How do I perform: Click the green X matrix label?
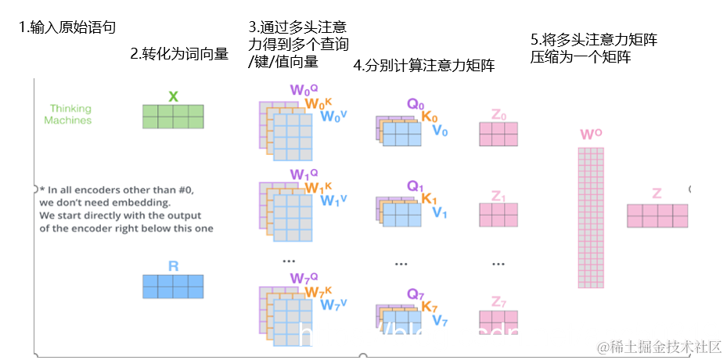click(x=173, y=96)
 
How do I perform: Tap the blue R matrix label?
click(x=173, y=266)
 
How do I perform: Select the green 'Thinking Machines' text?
click(x=69, y=114)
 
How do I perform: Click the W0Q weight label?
click(x=303, y=89)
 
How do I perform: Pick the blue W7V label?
click(x=335, y=304)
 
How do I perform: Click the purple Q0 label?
click(x=415, y=103)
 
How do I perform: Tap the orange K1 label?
click(x=429, y=199)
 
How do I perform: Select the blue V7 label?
click(x=440, y=319)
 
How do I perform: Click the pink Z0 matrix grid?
click(x=498, y=135)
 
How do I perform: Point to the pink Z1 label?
click(x=498, y=196)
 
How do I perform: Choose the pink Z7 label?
click(x=498, y=301)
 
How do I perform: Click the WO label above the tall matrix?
click(x=591, y=135)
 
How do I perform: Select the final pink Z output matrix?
click(x=657, y=215)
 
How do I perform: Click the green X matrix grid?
click(x=173, y=117)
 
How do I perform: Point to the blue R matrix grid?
click(x=173, y=286)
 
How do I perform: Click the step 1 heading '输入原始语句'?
click(x=67, y=28)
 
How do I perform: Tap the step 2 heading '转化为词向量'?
click(x=179, y=54)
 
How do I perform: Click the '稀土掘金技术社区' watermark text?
click(x=659, y=346)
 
